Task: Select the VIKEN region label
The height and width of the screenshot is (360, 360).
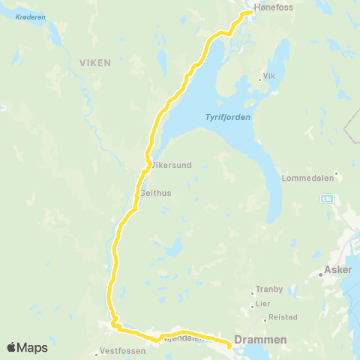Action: click(95, 63)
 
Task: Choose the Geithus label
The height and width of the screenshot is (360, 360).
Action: click(156, 193)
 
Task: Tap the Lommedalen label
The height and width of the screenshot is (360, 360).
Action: click(304, 178)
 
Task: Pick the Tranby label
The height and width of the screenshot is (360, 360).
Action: click(269, 288)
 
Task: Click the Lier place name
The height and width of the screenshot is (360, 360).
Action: click(263, 304)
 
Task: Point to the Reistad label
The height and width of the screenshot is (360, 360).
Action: click(283, 317)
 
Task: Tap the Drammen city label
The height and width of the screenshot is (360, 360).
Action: click(260, 340)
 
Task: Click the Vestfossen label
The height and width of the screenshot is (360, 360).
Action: click(121, 351)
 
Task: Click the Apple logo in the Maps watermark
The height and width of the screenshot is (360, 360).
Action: click(12, 347)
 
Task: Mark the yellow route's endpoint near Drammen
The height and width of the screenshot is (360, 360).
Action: click(228, 345)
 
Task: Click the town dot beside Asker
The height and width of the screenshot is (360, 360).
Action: click(320, 274)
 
